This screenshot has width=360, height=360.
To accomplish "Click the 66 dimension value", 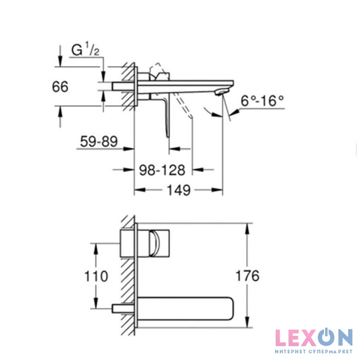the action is coord(60,87).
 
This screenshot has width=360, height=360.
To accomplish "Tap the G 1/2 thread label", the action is coord(85,49).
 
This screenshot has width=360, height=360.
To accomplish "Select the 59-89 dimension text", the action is coord(99,141).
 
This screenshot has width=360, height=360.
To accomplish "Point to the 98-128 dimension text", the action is coord(162,170).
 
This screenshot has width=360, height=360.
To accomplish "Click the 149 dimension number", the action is coord(178,190).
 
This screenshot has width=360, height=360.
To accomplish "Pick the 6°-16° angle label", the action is coord(262,101).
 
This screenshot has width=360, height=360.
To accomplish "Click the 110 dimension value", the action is coord(96,276).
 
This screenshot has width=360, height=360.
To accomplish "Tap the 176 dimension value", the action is coord(247,276).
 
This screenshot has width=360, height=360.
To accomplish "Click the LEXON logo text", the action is coord(314,337).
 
